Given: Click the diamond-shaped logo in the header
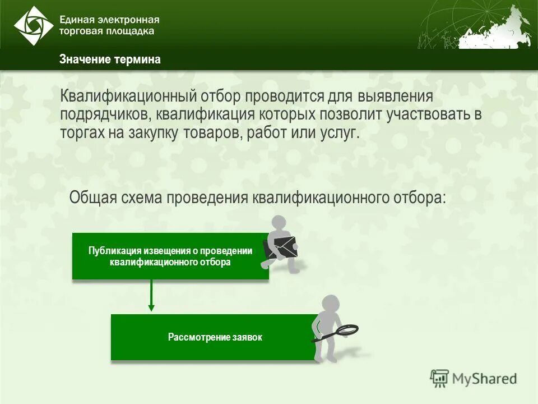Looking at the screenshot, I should tap(33, 26).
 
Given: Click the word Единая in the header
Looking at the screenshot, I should tap(77, 20).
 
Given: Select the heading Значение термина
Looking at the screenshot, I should tap(110, 60).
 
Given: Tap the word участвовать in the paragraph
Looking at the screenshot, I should tap(431, 115).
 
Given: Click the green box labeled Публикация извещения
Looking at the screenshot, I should tap(170, 256).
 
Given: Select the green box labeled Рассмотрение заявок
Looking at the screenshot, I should tap(215, 337).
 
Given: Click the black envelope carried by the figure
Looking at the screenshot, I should tap(281, 247).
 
